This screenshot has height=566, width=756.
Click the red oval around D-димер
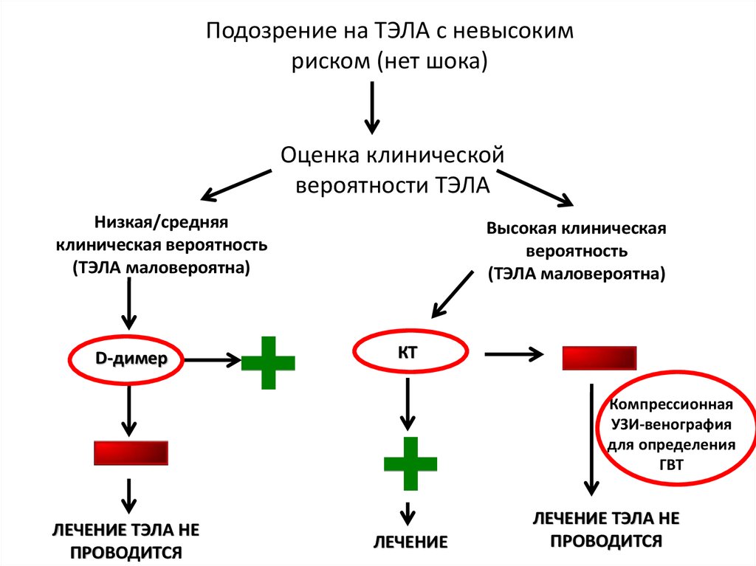coord(127,359)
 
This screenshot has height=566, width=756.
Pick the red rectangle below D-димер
coord(131,452)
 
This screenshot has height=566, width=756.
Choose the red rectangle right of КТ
coord(599,357)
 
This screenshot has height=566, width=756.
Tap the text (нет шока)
coord(433,62)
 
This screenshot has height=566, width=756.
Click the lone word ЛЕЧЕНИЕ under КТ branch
coord(410,542)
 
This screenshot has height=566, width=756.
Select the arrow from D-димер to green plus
coord(213,360)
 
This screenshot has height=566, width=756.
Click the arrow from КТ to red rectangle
coord(512,355)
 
